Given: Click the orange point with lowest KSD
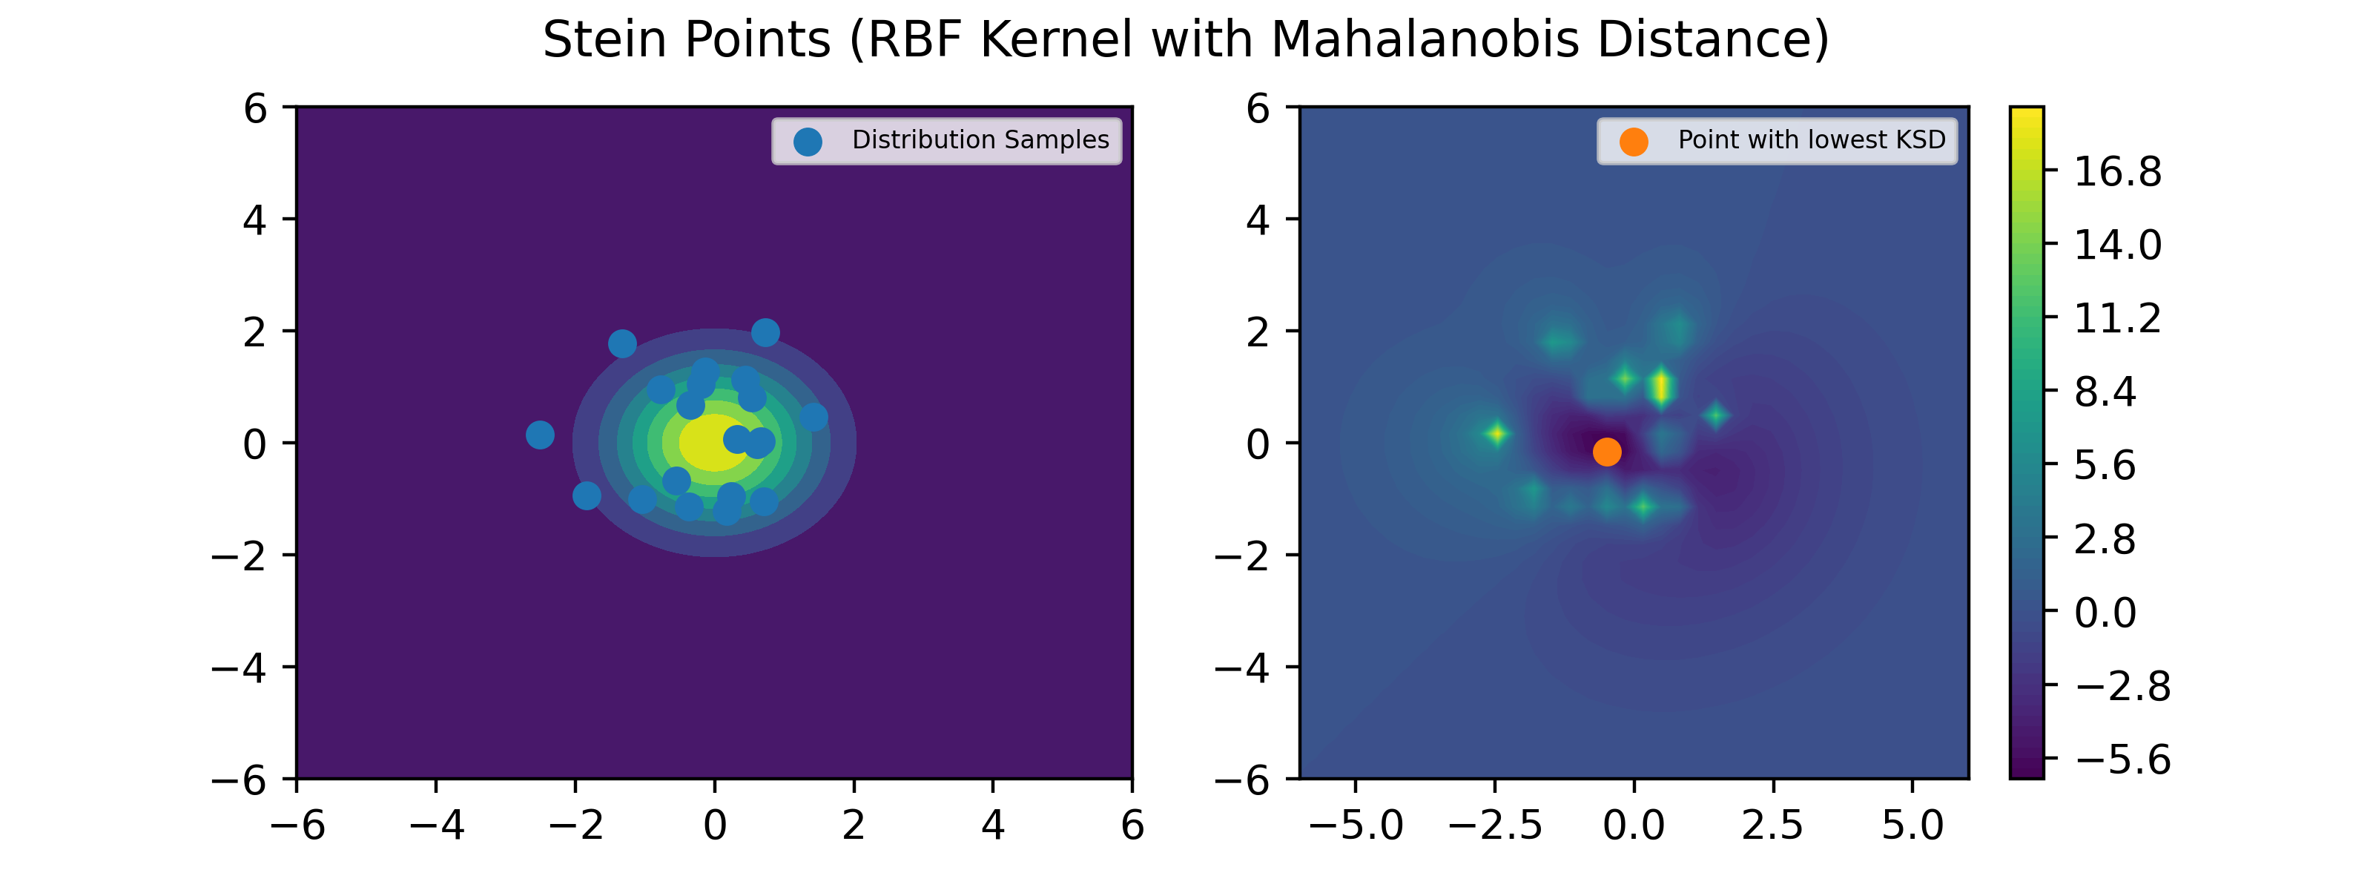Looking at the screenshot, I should pos(1606,452).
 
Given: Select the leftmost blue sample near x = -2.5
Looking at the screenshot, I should pos(540,434).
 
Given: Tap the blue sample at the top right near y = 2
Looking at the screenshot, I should pos(765,332).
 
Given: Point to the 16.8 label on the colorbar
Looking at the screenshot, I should pos(2117,171).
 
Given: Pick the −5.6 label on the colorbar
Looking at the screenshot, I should pos(2122,759).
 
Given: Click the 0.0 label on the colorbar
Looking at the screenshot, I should pos(2105,613).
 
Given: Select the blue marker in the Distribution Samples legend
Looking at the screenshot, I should pos(808,142).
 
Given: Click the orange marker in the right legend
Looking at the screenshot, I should pos(1633,142).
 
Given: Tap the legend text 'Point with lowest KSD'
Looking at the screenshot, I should pos(1811,140).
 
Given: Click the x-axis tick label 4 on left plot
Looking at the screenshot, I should pos(992,825).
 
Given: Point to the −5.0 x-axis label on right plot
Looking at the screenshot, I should pos(1355,825).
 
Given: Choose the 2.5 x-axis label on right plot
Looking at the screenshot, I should pos(1772,825).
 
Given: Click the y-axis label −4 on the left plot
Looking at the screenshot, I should pos(240,667).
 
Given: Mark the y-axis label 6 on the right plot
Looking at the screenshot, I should pos(1258,109).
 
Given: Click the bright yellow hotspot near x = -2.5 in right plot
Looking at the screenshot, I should pos(1498,433).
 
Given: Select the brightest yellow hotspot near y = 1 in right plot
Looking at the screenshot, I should pos(1661,387).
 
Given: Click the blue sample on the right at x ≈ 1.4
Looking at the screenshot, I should pos(813,416).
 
